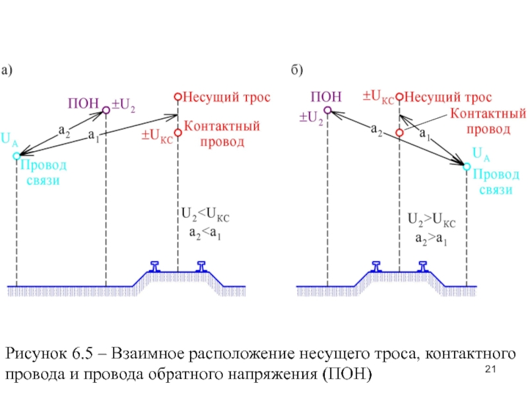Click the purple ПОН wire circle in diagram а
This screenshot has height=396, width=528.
[106, 112]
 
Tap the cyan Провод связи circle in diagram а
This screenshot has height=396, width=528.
[16, 156]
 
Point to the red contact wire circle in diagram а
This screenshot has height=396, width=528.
[177, 132]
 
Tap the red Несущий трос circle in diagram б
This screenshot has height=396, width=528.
[399, 96]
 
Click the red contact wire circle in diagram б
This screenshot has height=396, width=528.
[399, 133]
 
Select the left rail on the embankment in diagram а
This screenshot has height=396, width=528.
[156, 266]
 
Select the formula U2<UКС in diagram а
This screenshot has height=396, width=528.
[205, 215]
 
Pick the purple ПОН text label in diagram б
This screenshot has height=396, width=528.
[326, 96]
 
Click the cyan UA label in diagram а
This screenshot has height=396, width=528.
[9, 139]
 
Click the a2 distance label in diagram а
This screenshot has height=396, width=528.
[64, 132]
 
